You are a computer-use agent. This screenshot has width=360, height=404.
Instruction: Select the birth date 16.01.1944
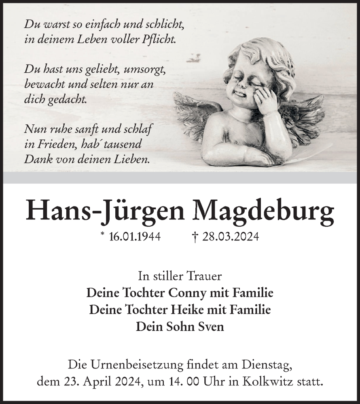[135, 237]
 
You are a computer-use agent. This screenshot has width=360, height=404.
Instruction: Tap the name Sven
[210, 326]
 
